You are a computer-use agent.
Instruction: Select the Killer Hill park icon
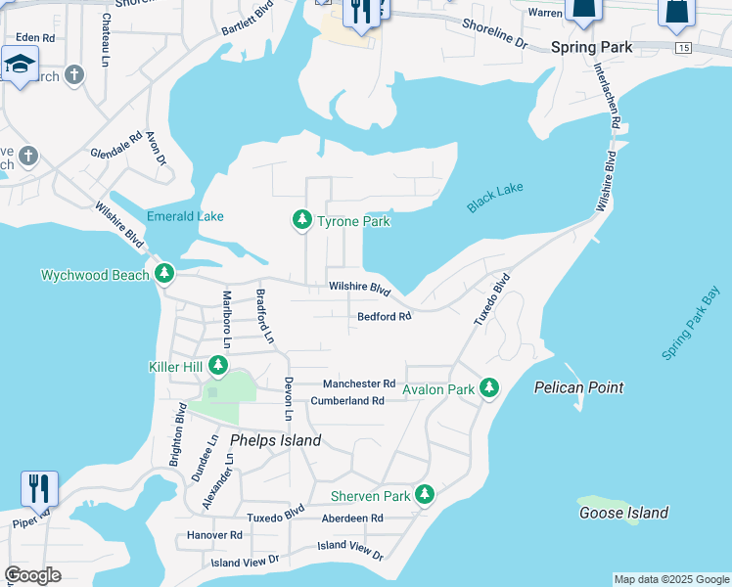[x=217, y=367]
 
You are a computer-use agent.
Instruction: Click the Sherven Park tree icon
[x=424, y=495]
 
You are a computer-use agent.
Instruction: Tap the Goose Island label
[x=623, y=513]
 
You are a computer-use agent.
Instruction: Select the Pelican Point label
[x=578, y=387]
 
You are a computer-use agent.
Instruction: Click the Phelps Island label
[x=276, y=440]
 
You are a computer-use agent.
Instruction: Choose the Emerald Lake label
[x=185, y=216]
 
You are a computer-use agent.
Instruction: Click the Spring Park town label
[x=591, y=47]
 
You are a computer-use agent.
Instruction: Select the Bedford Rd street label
[x=384, y=316]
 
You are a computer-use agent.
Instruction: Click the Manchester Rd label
[x=358, y=384]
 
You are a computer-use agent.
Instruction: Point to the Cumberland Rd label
[x=346, y=401]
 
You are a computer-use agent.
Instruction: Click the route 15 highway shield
[x=682, y=47]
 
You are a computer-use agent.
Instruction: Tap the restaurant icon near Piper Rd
[x=39, y=487]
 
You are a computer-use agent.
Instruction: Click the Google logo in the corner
[x=32, y=575]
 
